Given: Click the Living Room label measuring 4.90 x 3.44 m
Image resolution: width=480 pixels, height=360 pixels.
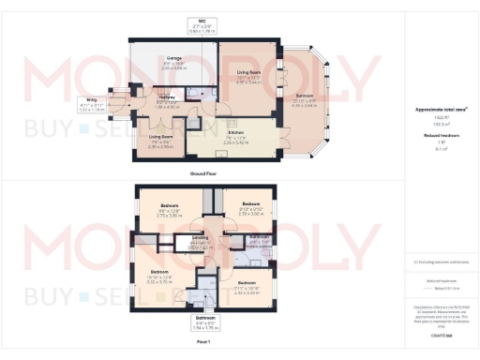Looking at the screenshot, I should (248, 71).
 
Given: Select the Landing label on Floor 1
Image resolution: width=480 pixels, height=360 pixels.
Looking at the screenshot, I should (200, 239).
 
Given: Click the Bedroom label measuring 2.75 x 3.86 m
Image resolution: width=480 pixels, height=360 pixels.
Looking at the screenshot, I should (169, 205).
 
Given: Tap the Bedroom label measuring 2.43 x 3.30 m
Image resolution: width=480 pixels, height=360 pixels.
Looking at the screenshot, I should (247, 282).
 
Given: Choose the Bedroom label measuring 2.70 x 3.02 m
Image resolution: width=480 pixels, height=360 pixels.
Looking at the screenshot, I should (250, 203).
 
